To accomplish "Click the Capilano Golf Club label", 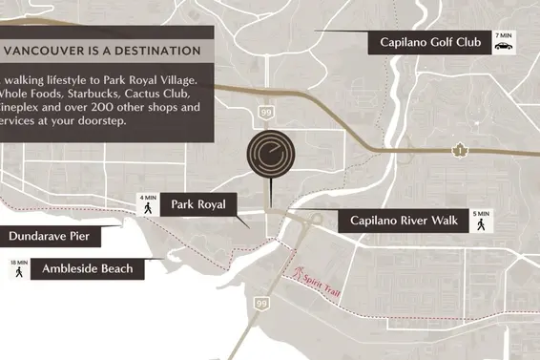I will (x=428, y=42).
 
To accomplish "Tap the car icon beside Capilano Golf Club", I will (x=503, y=47).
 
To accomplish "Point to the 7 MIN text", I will (x=503, y=35).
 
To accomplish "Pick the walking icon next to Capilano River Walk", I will (x=481, y=224).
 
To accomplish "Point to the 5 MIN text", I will (x=481, y=213).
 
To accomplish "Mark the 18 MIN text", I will (x=18, y=261).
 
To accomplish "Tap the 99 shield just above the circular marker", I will (x=265, y=114).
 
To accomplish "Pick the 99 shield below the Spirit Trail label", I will (x=260, y=303).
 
